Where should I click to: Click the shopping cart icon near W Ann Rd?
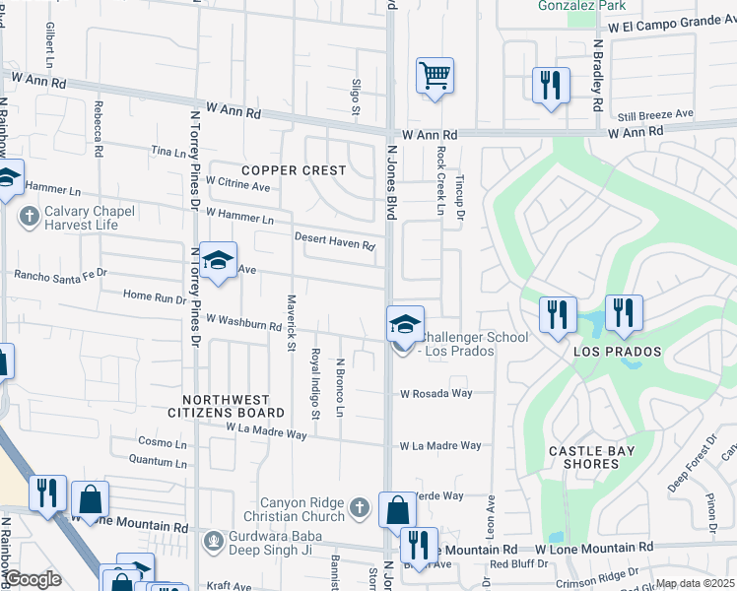click(x=435, y=76)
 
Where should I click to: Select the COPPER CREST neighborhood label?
click(x=294, y=170)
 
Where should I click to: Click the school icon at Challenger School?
click(x=405, y=323)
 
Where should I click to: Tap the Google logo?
click(x=33, y=579)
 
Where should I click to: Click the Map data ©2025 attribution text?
click(x=696, y=583)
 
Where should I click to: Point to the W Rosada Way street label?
click(x=435, y=393)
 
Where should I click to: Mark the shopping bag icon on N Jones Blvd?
click(x=397, y=511)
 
